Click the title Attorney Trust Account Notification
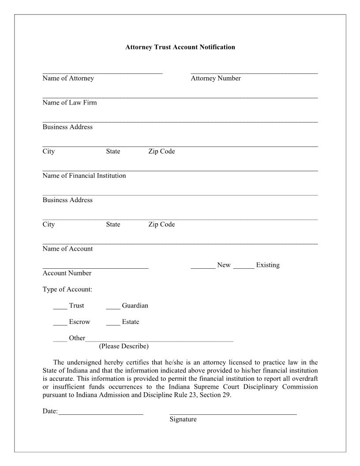[180, 47]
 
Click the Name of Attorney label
[68, 79]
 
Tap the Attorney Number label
[216, 79]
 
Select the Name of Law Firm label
[70, 103]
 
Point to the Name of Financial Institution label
[84, 176]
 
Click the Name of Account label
[67, 249]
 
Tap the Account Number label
[67, 273]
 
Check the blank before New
[203, 266]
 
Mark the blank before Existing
[244, 266]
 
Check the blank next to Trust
[60, 307]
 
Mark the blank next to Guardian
[113, 307]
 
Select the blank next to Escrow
[60, 323]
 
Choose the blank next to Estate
[113, 323]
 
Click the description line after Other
[159, 339]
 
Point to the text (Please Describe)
[124, 346]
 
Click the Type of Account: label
[67, 289]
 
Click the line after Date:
[101, 413]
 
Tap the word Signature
[183, 420]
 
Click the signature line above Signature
[233, 413]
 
